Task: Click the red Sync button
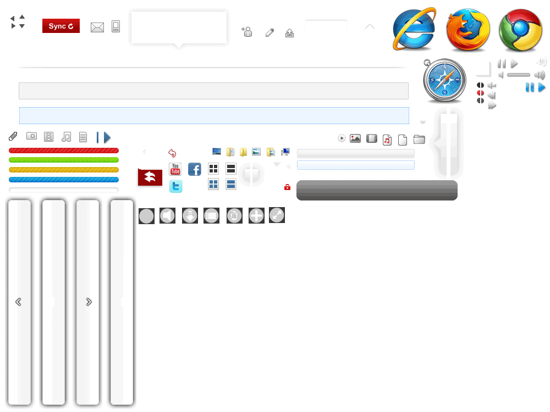61,26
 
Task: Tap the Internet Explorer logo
414,30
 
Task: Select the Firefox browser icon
468,30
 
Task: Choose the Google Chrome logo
520,30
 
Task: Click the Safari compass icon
444,80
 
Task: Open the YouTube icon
175,169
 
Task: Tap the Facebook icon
195,169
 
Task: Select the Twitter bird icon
175,187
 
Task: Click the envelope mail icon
97,27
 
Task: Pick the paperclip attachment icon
13,136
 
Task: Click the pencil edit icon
269,32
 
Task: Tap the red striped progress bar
64,151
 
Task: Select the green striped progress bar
64,160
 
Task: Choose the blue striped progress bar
64,180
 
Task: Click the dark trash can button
234,216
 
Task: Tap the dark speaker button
167,216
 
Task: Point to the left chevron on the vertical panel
18,302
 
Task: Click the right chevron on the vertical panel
89,302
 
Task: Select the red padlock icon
287,187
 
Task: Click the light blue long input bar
214,115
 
